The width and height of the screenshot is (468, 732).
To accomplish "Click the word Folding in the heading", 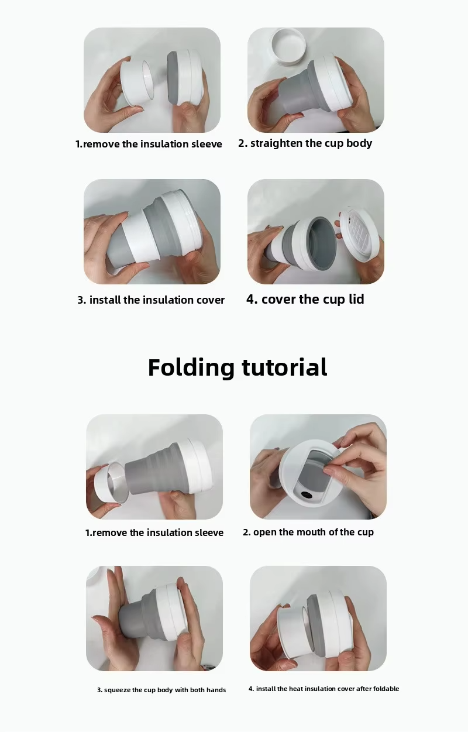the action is (191, 368).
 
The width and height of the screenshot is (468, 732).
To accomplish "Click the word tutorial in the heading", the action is (284, 367).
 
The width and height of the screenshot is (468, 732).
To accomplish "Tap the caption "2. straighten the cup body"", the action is (305, 143).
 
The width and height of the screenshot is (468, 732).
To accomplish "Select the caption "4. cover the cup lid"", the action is (305, 300).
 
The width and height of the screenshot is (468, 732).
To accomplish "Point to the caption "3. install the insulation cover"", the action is (151, 300).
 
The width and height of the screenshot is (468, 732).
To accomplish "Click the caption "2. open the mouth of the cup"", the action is (308, 532).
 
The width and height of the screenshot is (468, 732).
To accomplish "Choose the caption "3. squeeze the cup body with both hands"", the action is (161, 690).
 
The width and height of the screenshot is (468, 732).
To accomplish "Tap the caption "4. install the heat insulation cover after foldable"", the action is (324, 689).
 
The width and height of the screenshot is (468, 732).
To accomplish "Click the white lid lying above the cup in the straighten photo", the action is (290, 46).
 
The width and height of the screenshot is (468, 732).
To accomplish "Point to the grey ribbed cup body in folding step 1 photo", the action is (154, 468).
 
